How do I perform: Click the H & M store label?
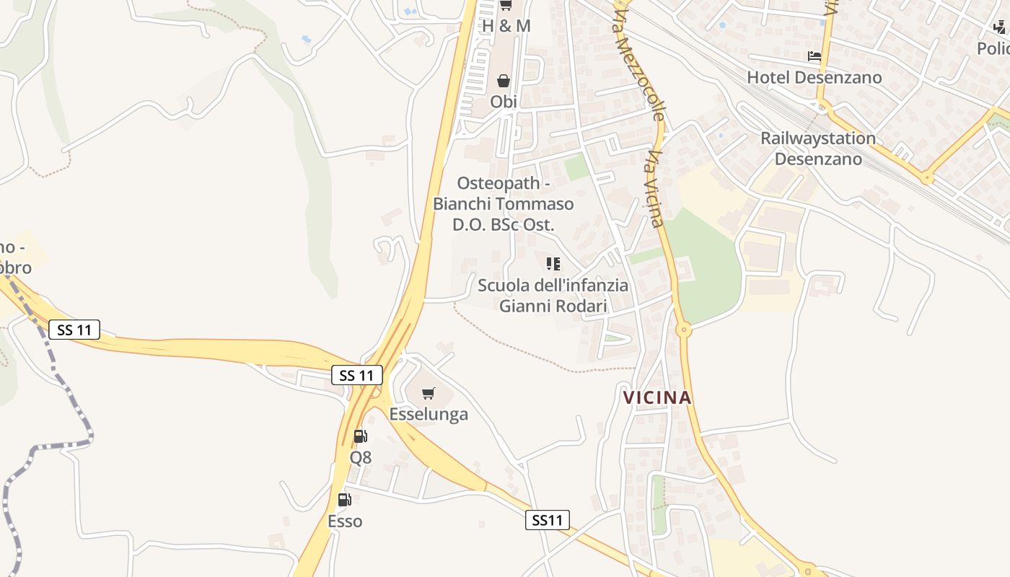506,26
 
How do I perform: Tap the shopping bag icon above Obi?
504,81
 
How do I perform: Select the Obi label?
504,102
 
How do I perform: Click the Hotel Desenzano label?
814,77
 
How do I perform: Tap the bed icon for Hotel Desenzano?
814,56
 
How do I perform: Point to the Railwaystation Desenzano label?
818,148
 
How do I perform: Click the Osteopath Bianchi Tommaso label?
504,204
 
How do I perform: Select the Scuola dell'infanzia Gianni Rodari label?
553,295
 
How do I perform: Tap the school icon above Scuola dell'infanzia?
553,264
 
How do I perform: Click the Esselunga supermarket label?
429,414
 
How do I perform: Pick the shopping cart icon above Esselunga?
429,393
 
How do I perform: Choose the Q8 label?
361,457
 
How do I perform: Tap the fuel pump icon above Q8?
360,436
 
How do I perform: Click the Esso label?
345,521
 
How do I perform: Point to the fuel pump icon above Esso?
345,499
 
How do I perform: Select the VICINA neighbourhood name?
657,397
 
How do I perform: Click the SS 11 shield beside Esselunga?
356,375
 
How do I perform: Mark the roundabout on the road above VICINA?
683,330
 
